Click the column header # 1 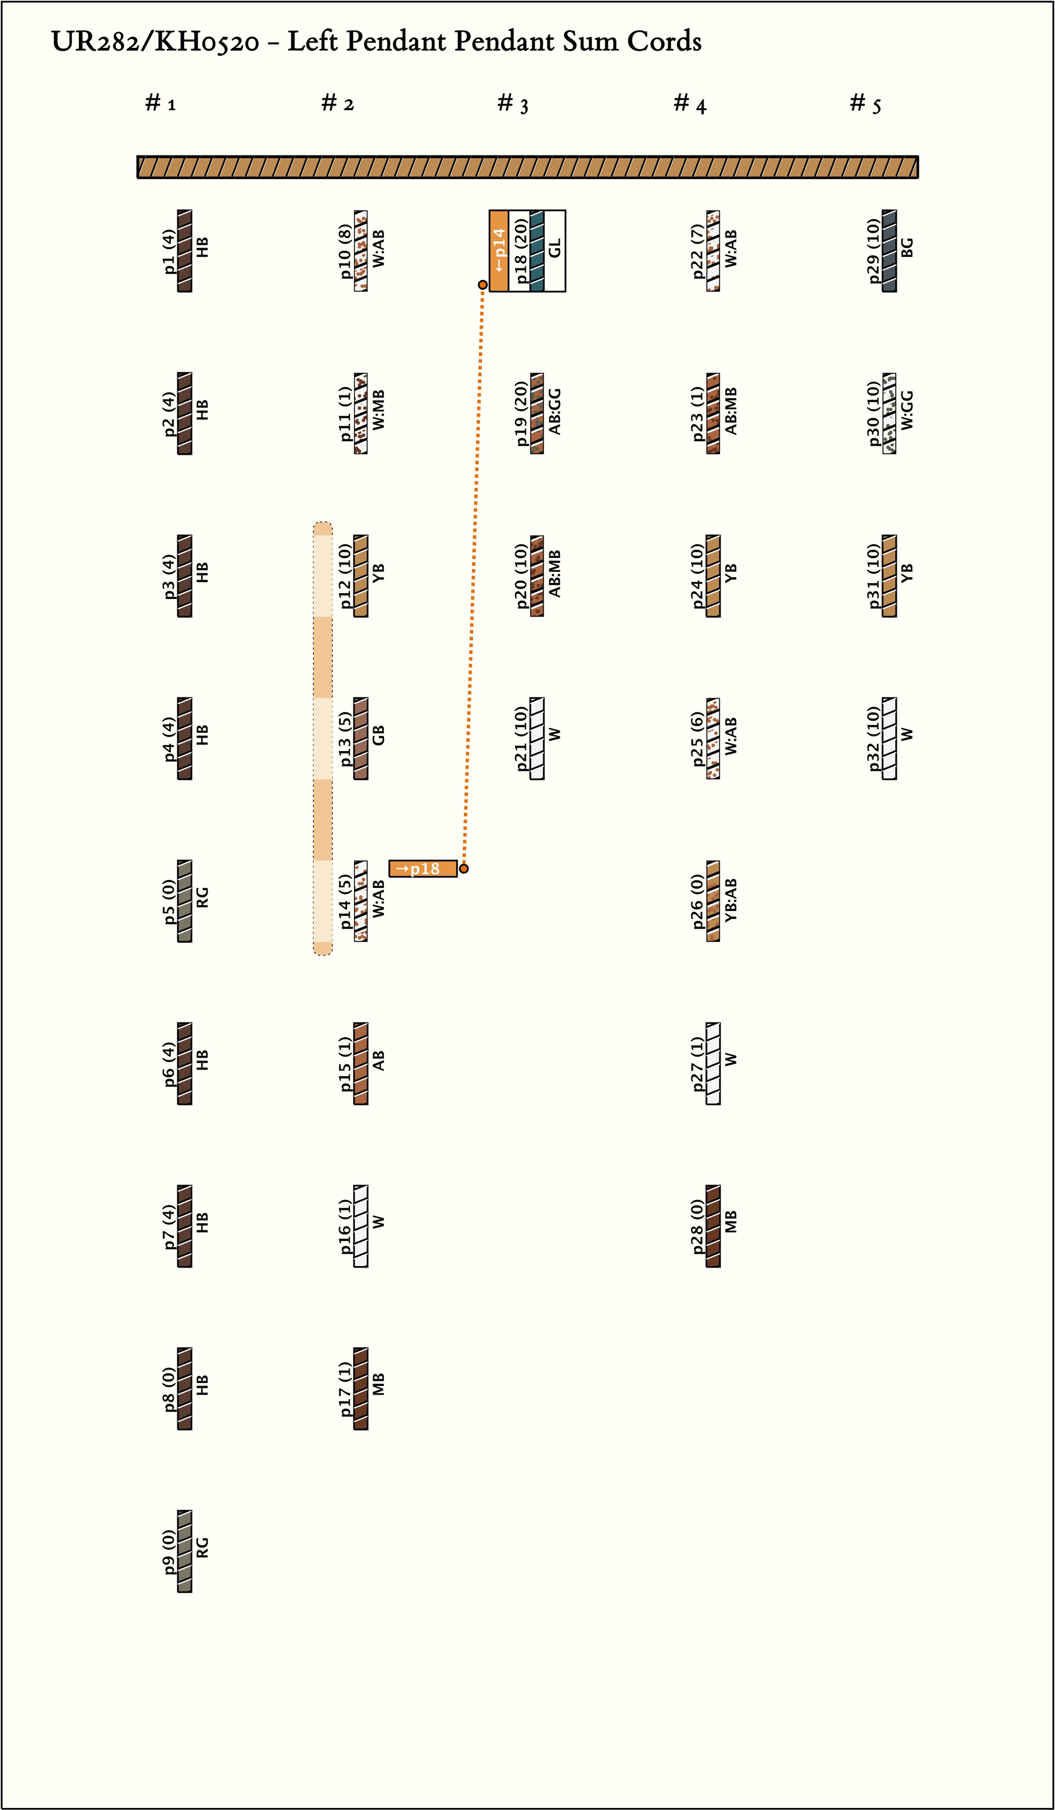(x=160, y=104)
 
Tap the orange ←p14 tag (x=499, y=251)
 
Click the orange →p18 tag (x=423, y=869)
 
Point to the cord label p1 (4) (x=169, y=251)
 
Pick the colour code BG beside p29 (x=908, y=248)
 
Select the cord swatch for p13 (x=361, y=738)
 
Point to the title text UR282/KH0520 (x=155, y=42)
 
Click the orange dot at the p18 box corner (x=483, y=285)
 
